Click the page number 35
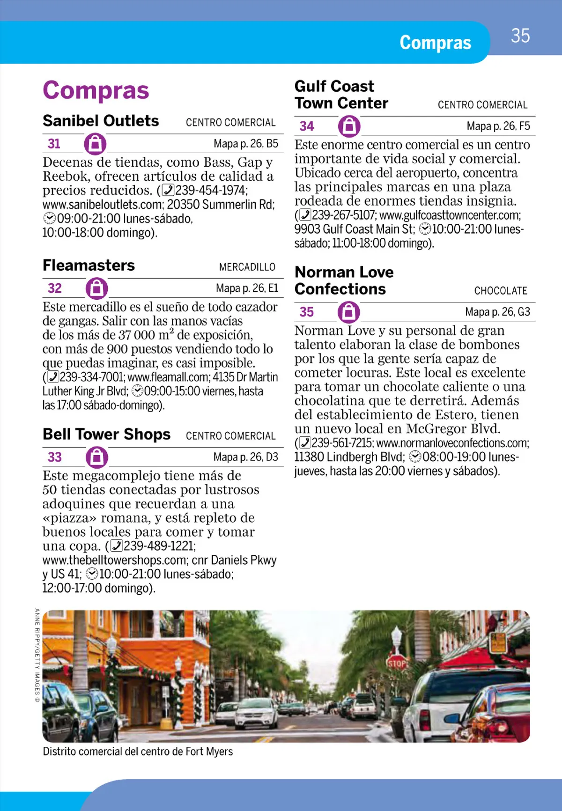coord(520,36)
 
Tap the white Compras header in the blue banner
coord(435,43)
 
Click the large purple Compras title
coord(96,90)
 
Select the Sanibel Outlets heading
coord(101,121)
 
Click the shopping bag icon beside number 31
coord(95,144)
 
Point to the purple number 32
coord(55,288)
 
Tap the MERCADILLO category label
coord(247,267)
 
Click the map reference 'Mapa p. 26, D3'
coord(245,457)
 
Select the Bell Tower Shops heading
coord(107,435)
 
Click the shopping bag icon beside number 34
coord(349,126)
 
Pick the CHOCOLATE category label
coord(501,291)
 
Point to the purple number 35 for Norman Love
coord(307,312)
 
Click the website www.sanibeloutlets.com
coord(102,205)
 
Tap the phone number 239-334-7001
coord(92,377)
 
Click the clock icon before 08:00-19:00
coord(414,457)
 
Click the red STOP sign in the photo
coord(396,663)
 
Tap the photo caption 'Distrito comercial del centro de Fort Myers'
coord(138,752)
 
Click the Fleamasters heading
coord(89,265)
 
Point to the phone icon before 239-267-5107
coord(305,215)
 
